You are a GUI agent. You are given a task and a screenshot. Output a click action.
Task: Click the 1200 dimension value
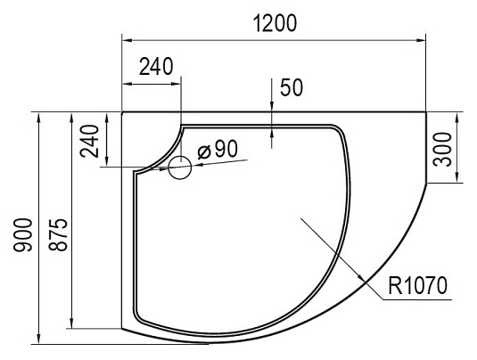click(x=275, y=23)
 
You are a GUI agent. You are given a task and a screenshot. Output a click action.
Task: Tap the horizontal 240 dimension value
click(x=156, y=67)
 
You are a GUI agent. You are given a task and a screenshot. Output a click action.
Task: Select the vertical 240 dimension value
click(x=90, y=141)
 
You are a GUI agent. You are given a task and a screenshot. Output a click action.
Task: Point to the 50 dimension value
click(x=292, y=87)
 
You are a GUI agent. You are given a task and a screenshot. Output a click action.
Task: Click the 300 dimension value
click(x=442, y=150)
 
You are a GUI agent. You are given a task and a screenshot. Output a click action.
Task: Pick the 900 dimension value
click(x=23, y=234)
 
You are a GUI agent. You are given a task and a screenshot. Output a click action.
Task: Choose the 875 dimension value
click(x=58, y=234)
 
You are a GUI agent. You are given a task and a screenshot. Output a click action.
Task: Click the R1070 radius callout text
click(x=417, y=285)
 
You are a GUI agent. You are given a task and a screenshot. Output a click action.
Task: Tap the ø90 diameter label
click(x=218, y=150)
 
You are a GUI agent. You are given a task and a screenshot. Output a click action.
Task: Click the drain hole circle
click(x=180, y=168)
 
